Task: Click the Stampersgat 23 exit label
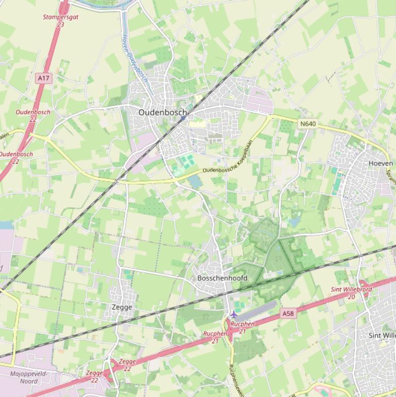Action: [x=61, y=20]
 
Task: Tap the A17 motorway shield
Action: [x=44, y=78]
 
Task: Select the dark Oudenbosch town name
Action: [x=163, y=112]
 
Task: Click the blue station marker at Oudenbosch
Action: [x=183, y=118]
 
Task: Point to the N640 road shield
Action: [x=307, y=124]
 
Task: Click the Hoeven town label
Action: [x=381, y=163]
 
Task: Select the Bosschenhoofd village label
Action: [x=222, y=278]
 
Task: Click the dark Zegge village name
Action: [x=122, y=307]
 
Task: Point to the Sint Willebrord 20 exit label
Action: [x=351, y=293]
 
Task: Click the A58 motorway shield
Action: [x=288, y=313]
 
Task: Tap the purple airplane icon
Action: [x=234, y=315]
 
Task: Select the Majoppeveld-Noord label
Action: [x=28, y=377]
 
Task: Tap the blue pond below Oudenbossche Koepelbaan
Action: [x=195, y=181]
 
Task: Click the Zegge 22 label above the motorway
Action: [x=127, y=365]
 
